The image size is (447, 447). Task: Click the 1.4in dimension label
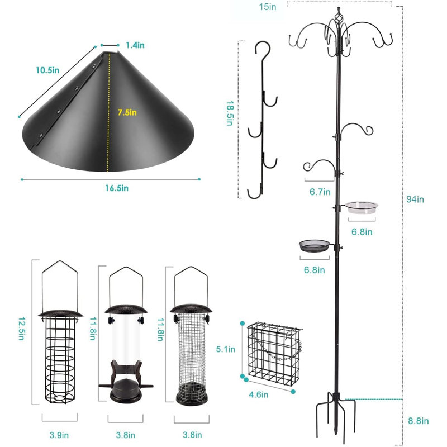coord(135,45)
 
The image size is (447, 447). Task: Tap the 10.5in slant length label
coord(47,70)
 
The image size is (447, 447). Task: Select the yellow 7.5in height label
coord(127,112)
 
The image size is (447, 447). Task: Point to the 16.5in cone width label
coord(117,188)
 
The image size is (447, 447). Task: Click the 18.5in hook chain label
coord(230,113)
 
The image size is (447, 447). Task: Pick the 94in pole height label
coord(415,199)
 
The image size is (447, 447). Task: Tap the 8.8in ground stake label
coord(418,421)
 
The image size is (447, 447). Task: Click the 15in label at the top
coord(268,7)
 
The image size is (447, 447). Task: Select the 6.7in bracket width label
coord(320,192)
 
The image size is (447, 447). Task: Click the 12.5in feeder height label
coord(22,329)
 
